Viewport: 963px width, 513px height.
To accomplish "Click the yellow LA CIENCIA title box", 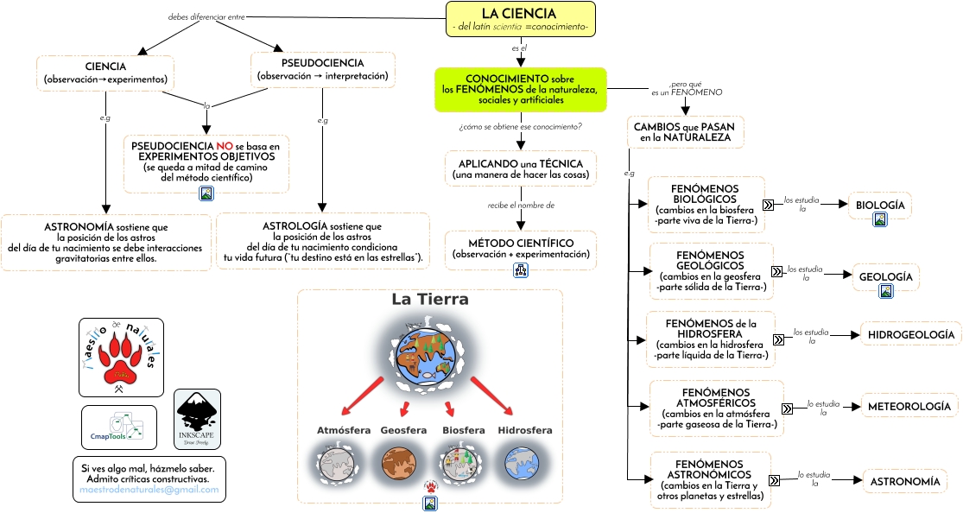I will pyautogui.click(x=521, y=20).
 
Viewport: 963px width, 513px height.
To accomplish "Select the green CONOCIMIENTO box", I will pyautogui.click(x=520, y=90).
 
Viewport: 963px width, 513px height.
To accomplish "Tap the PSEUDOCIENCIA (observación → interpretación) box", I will pyautogui.click(x=323, y=70).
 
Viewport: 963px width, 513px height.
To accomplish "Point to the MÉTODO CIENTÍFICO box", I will pyautogui.click(x=521, y=248).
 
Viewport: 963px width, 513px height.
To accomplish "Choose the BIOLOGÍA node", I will pyautogui.click(x=880, y=206).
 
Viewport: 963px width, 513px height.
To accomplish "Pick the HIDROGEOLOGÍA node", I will pyautogui.click(x=910, y=334).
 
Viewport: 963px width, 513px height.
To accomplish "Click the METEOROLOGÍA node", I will pyautogui.click(x=909, y=406).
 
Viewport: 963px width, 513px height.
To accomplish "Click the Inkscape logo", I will pyautogui.click(x=197, y=419).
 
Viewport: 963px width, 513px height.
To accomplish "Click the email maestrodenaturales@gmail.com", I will pyautogui.click(x=149, y=490).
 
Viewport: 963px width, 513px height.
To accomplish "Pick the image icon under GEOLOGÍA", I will pyautogui.click(x=886, y=291).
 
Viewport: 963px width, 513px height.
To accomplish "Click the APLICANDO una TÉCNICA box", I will pyautogui.click(x=521, y=169).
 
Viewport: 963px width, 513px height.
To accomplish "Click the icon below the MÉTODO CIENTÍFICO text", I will pyautogui.click(x=521, y=270).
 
